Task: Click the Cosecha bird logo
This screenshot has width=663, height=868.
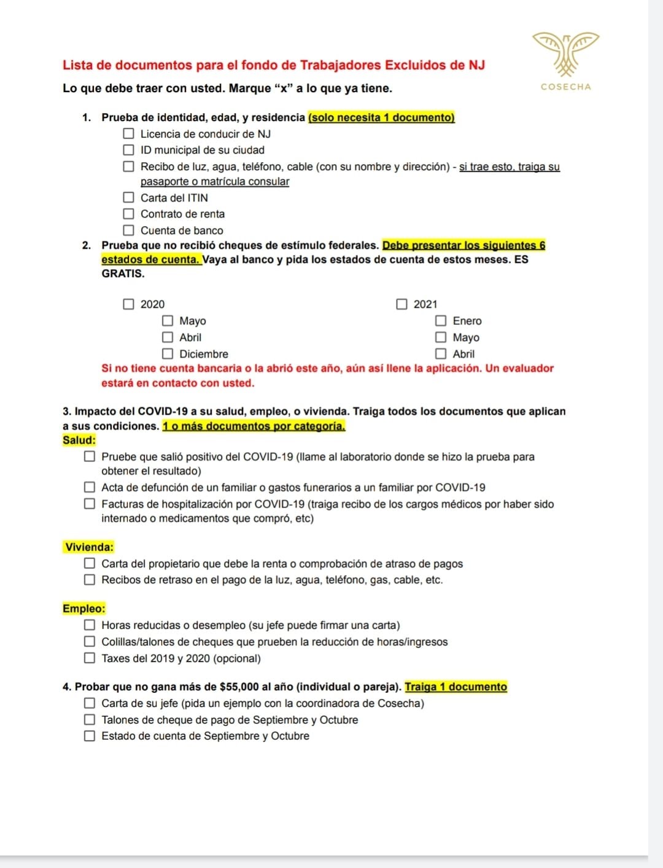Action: pyautogui.click(x=565, y=53)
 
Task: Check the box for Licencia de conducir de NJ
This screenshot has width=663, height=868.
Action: pyautogui.click(x=128, y=133)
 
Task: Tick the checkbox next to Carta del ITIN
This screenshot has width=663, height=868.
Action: pyautogui.click(x=128, y=197)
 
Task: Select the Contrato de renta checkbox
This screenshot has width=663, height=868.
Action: pyautogui.click(x=128, y=214)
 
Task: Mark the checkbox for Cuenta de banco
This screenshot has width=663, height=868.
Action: pyautogui.click(x=128, y=230)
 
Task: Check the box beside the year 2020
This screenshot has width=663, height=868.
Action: pyautogui.click(x=128, y=304)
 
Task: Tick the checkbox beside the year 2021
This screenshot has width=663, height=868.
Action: pyautogui.click(x=401, y=304)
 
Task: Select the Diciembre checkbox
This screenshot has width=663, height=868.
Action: pyautogui.click(x=168, y=354)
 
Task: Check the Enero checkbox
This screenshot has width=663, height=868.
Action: pyautogui.click(x=441, y=321)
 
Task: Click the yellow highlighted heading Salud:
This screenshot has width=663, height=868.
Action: pyautogui.click(x=79, y=440)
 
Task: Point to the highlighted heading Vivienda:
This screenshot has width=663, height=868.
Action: pyautogui.click(x=89, y=547)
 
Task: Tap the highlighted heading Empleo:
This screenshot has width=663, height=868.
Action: pyautogui.click(x=84, y=609)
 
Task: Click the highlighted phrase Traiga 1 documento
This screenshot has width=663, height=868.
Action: pyautogui.click(x=456, y=687)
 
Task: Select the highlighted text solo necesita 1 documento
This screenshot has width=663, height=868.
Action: pyautogui.click(x=381, y=117)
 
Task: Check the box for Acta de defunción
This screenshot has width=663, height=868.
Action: pyautogui.click(x=90, y=487)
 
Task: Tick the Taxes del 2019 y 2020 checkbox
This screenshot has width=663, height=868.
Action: pyautogui.click(x=90, y=658)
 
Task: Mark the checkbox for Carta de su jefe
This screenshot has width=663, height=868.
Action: pyautogui.click(x=90, y=703)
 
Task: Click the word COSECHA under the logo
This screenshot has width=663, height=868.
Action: pyautogui.click(x=565, y=87)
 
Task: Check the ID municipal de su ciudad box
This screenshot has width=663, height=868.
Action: pyautogui.click(x=128, y=150)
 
